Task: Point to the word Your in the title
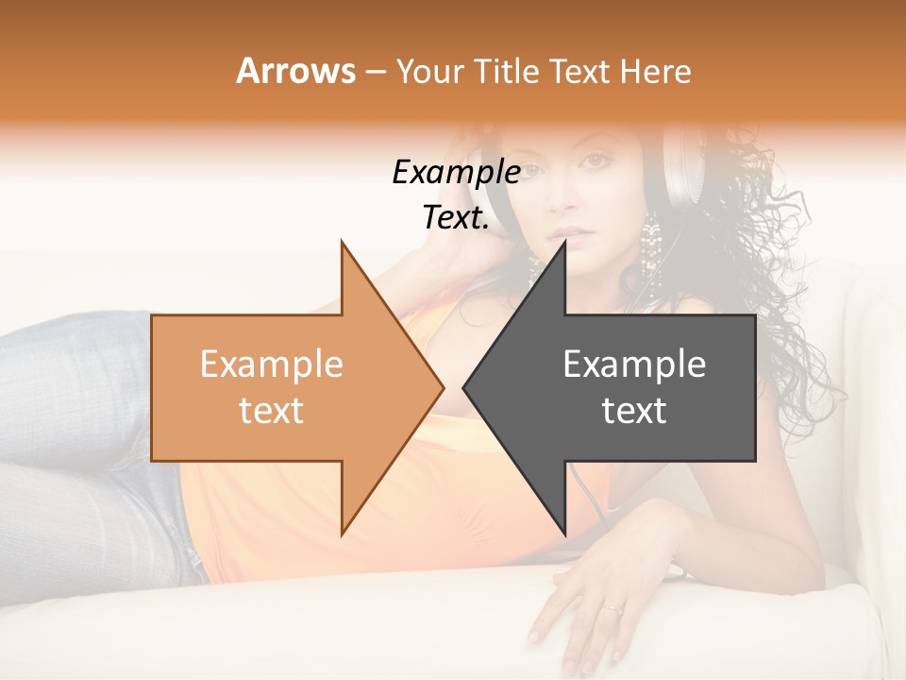coord(430,72)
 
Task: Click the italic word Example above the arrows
coord(456,173)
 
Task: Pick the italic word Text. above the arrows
coord(456,218)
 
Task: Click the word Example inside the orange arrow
coord(272,365)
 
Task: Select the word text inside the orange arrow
coord(272,411)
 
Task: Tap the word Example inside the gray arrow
coord(634,365)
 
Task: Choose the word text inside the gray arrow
coord(634,411)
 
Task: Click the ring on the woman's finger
coord(614,609)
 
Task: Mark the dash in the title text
coord(375,73)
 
